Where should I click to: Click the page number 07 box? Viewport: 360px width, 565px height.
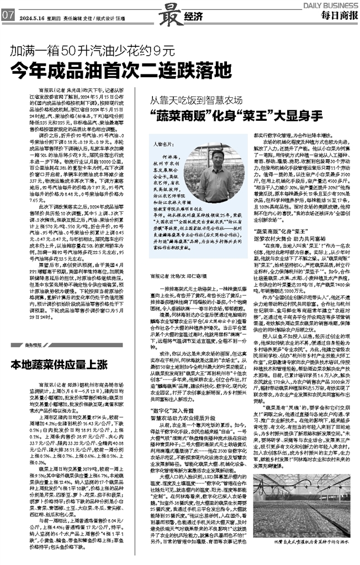pos(8,16)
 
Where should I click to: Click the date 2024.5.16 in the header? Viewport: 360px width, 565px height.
pos(33,17)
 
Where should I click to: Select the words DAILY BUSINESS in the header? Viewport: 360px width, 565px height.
pos(330,5)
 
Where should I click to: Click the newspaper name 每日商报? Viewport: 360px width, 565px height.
pos(337,15)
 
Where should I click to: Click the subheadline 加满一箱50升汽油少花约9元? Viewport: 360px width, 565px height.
pos(88,51)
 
